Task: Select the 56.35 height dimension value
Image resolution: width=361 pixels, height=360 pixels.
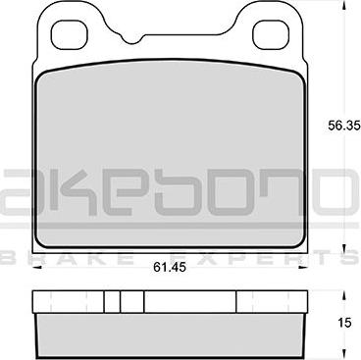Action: click(344, 126)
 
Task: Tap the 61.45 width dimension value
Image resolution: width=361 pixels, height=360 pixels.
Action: click(170, 268)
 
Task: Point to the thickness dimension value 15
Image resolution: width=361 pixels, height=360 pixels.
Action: click(344, 323)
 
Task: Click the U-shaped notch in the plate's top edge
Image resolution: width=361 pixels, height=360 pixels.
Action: click(132, 37)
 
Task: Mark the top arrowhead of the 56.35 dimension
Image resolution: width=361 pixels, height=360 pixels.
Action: click(343, 5)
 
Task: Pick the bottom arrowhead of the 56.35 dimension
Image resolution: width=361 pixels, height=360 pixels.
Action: click(343, 248)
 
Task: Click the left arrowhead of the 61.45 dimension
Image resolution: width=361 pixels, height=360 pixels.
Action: click(37, 268)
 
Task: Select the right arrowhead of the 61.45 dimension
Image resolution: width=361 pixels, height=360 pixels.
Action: click(303, 268)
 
